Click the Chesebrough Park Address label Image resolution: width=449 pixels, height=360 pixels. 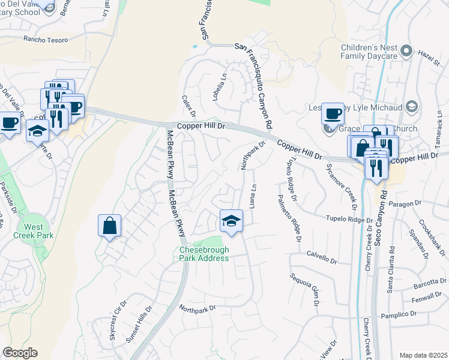[204, 254]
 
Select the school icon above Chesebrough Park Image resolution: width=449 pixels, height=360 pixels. [231, 221]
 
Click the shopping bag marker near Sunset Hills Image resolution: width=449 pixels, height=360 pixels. [110, 226]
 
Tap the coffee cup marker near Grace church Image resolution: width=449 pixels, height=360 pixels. [332, 113]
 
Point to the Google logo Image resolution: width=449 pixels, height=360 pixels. [20, 353]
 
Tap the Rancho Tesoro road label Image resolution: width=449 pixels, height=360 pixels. [46, 40]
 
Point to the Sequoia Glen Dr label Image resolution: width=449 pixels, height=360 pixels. [303, 289]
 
